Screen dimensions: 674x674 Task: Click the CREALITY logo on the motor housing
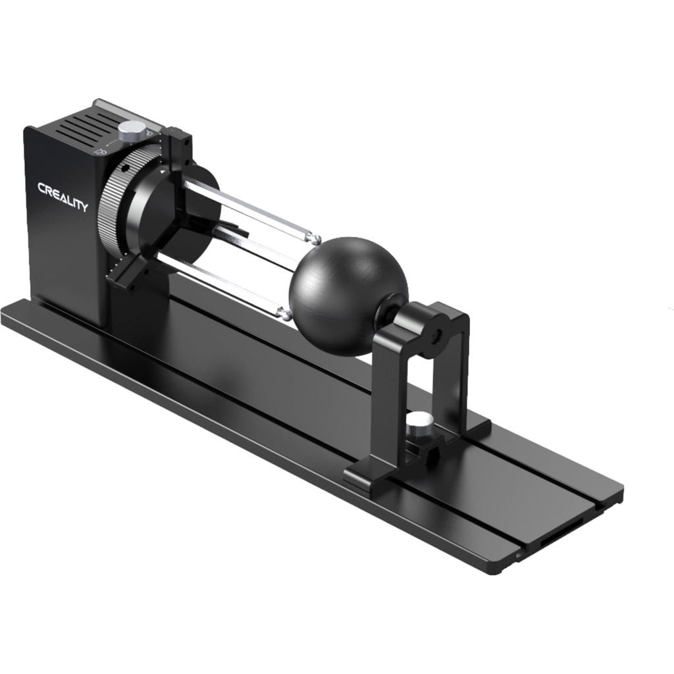pyautogui.click(x=63, y=197)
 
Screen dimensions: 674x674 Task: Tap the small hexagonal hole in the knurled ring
pyautogui.click(x=126, y=168)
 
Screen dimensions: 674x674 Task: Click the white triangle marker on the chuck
pyautogui.click(x=163, y=171)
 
